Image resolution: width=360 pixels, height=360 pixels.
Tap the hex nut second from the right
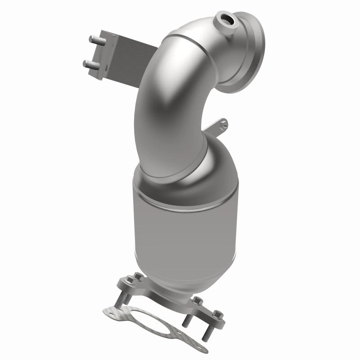[196, 301]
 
